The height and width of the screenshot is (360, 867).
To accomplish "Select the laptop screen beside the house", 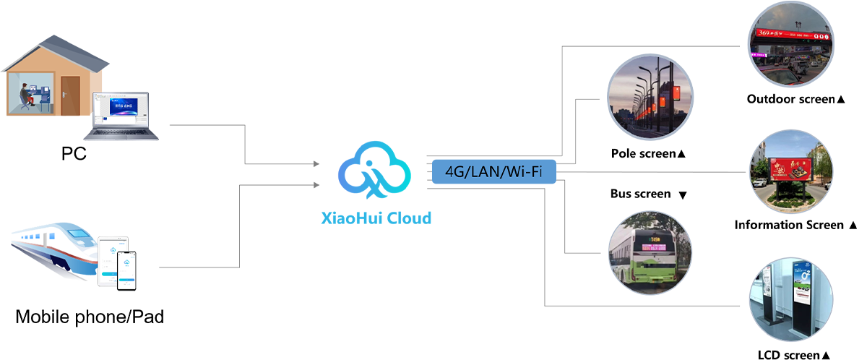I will click(121, 109).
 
